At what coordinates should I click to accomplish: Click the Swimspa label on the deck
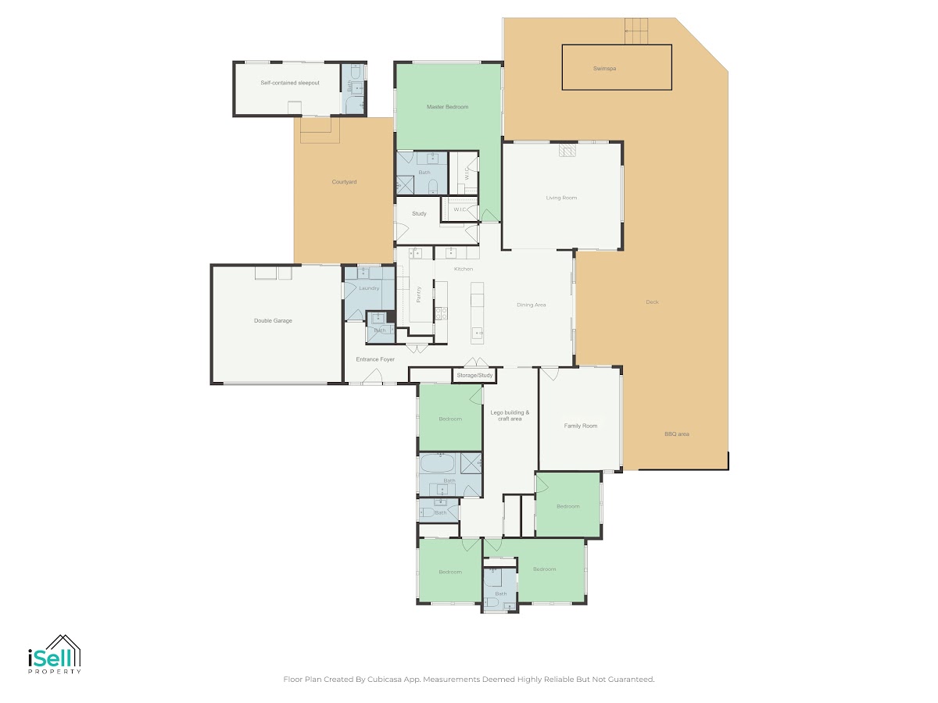tap(604, 68)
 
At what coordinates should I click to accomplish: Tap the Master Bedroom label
tap(447, 107)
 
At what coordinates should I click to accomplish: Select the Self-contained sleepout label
tap(290, 83)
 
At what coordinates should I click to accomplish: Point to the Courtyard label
tap(344, 182)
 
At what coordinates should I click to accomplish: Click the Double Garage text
tap(273, 320)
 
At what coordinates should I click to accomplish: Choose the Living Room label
tap(561, 198)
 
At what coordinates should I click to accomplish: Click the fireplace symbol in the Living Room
tap(567, 151)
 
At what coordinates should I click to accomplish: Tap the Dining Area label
tap(532, 305)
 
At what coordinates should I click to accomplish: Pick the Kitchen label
tap(464, 269)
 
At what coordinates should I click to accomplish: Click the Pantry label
tap(419, 294)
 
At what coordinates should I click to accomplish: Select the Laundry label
tap(369, 288)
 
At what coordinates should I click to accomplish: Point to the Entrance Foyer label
tap(375, 359)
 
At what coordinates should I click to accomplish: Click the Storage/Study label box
tap(474, 375)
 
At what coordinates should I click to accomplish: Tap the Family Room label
tap(580, 426)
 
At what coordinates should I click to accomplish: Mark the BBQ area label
tap(676, 434)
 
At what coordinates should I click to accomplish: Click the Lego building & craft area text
tap(510, 416)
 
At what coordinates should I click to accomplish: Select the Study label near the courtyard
tap(419, 213)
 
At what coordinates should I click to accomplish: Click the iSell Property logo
tap(55, 654)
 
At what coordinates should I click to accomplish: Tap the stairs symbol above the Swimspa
tap(635, 31)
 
